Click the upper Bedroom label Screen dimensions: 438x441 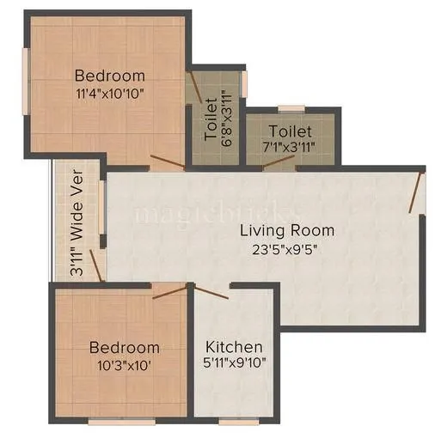pos(109,74)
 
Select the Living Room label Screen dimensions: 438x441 pos(287,230)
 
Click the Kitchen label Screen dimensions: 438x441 pos(233,347)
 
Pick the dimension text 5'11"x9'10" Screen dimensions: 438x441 pos(233,363)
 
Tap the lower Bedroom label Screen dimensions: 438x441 pos(125,348)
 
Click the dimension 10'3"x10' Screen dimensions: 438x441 pos(125,363)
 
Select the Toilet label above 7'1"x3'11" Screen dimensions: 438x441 pos(290,131)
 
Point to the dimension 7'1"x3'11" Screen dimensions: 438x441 pos(290,147)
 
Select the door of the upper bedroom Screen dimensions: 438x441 pos(167,162)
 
